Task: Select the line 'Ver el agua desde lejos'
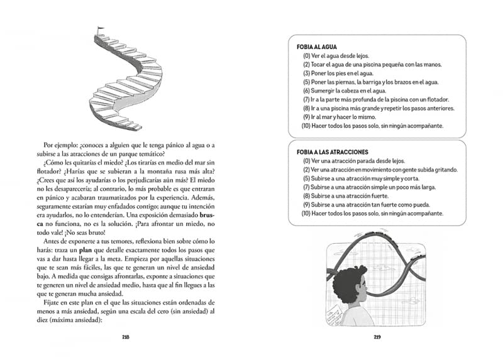coord(335,56)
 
